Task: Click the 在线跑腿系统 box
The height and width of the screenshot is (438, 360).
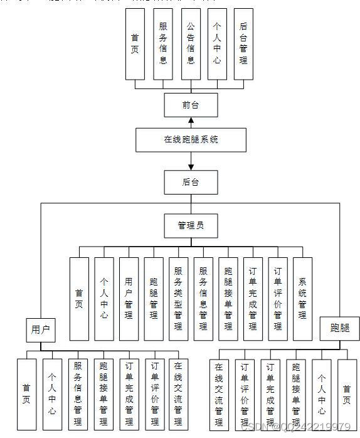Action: (191, 140)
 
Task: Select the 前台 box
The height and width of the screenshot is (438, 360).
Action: (191, 105)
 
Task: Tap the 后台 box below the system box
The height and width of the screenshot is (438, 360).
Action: (191, 182)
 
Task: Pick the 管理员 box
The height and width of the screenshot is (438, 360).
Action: (191, 225)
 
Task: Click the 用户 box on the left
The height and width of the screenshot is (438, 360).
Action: (40, 329)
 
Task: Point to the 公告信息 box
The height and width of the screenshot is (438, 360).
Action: (190, 44)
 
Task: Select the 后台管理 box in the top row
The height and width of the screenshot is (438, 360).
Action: (243, 44)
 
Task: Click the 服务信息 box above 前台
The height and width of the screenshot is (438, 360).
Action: (162, 44)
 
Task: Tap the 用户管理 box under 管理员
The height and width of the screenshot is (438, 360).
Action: (129, 298)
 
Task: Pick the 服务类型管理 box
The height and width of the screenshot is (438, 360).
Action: (178, 298)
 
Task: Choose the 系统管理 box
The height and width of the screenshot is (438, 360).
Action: (302, 298)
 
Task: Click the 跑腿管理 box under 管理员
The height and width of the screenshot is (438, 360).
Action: (154, 298)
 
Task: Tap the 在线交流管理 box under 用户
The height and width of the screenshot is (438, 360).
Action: (178, 393)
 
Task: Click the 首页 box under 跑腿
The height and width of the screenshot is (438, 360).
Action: (347, 393)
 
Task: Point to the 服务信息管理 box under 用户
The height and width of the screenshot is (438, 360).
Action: (78, 393)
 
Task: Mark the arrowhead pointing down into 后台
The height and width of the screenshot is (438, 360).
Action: (191, 166)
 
